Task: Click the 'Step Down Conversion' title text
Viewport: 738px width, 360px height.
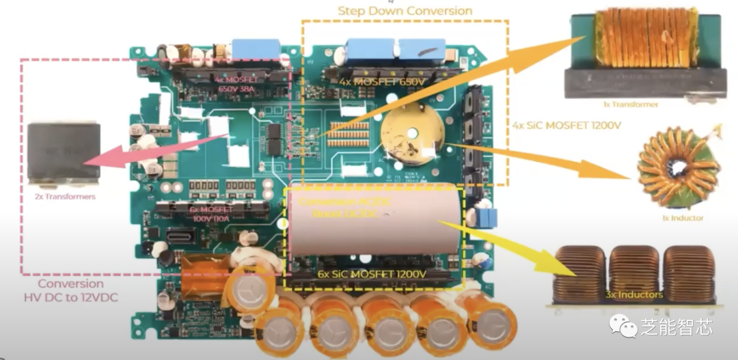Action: [x=405, y=10]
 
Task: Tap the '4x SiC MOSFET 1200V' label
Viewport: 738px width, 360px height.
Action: [x=566, y=126]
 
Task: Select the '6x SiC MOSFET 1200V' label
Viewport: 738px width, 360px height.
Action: [x=372, y=274]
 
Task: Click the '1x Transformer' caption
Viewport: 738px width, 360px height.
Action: [x=631, y=105]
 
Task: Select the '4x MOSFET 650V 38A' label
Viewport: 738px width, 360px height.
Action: [x=231, y=83]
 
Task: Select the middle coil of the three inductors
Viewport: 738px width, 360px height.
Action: [x=633, y=273]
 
